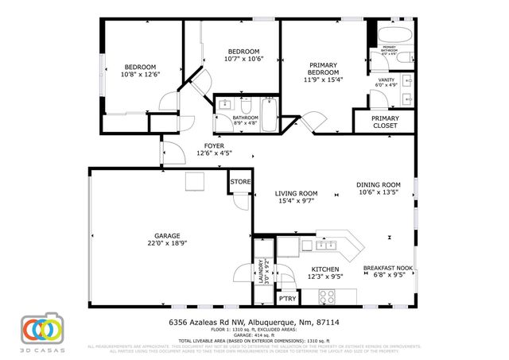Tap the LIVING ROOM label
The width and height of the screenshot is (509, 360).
point(297,193)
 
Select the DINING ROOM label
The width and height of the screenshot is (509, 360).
point(379,184)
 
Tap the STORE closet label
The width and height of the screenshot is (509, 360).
point(241,182)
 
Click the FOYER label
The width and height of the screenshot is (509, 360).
point(213,145)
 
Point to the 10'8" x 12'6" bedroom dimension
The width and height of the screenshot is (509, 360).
point(140,74)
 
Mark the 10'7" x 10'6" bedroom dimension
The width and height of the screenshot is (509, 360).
point(242,59)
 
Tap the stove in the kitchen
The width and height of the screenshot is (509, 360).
point(327,296)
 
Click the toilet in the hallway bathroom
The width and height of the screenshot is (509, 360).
point(247,107)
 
